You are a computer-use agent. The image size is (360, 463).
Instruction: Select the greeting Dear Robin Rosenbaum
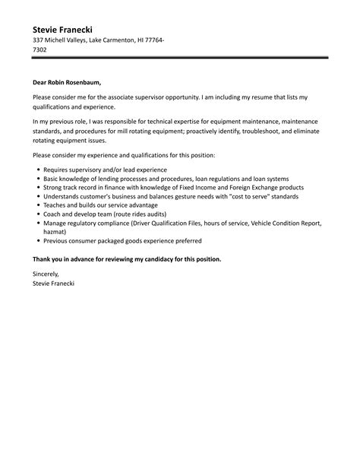(x=66, y=82)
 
